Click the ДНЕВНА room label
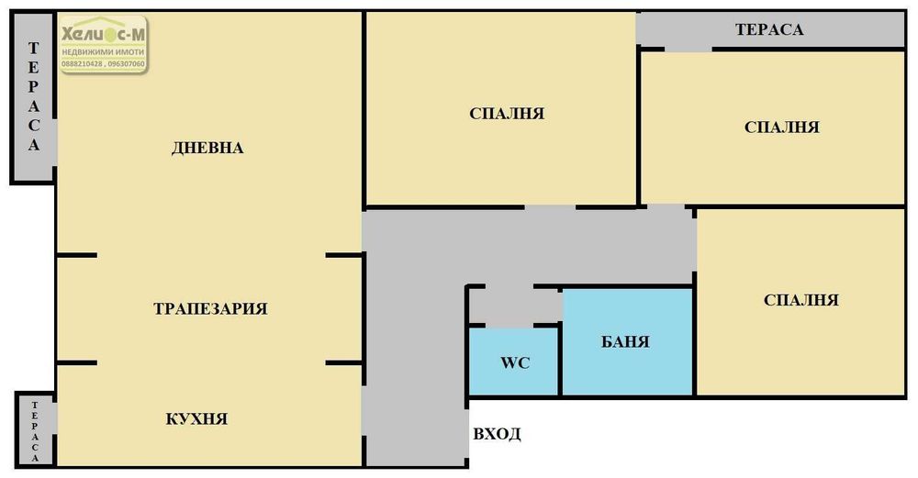click(207, 148)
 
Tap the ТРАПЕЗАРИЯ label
click(210, 308)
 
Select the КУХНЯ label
click(196, 419)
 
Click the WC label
click(513, 361)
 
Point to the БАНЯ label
click(625, 342)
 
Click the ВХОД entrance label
click(497, 434)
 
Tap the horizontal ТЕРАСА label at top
click(769, 29)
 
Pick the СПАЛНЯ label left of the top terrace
click(507, 114)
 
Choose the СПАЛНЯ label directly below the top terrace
click(781, 128)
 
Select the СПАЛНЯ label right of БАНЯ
click(800, 300)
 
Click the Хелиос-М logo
click(103, 36)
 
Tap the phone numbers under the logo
click(103, 64)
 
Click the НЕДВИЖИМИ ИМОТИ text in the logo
click(103, 53)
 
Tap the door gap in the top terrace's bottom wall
click(688, 47)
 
